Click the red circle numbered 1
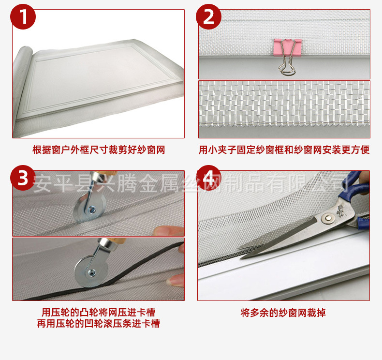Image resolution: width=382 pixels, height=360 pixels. tap(23, 17)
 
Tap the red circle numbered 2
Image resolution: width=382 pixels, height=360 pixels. tap(208, 17)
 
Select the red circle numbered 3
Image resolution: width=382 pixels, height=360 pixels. tap(23, 178)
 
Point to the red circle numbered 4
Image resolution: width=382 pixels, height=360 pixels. tap(208, 178)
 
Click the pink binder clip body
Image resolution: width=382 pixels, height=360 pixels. tap(288, 47)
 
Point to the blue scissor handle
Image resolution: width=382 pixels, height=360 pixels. tap(356, 195)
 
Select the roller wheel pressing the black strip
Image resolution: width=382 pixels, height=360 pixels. tap(91, 271)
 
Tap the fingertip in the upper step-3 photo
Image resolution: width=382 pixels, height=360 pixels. tap(169, 231)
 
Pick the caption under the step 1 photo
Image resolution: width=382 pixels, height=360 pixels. tap(99, 150)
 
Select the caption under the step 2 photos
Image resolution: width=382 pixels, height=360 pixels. tap(284, 150)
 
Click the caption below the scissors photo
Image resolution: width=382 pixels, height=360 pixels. tap(283, 313)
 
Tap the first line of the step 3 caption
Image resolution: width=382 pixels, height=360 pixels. tap(99, 312)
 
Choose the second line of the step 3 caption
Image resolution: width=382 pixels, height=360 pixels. tap(99, 323)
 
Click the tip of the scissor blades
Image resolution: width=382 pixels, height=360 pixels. tap(241, 258)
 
